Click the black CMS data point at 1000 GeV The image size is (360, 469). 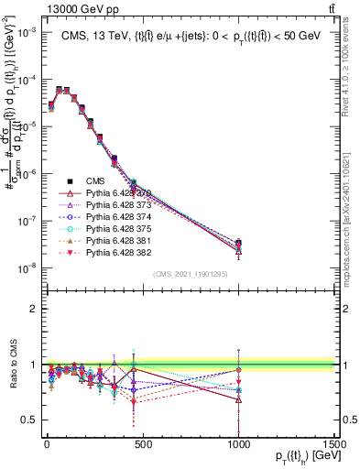point(238,244)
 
